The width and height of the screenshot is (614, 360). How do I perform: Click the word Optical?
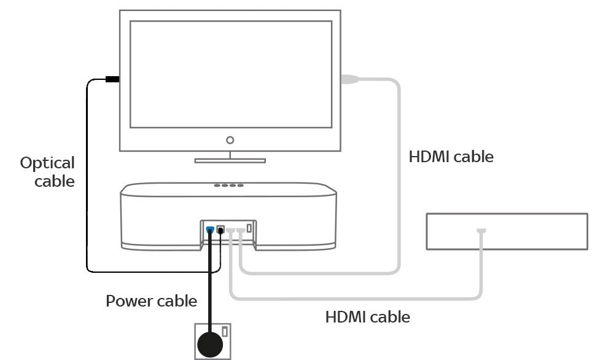tap(47, 163)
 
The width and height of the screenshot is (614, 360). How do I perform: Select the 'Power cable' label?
tap(151, 301)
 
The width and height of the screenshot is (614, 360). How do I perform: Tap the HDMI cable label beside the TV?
tap(451, 157)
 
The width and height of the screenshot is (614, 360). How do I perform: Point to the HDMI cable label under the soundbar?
tap(367, 317)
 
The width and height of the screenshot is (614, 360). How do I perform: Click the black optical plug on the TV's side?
tap(112, 79)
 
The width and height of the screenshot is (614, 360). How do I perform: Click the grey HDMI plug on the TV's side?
tap(349, 79)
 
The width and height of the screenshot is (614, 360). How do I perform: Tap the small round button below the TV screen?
tap(230, 140)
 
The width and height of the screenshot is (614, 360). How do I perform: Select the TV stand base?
tap(230, 161)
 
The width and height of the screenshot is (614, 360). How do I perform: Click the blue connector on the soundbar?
tap(210, 230)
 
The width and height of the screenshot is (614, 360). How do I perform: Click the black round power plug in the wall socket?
tap(210, 343)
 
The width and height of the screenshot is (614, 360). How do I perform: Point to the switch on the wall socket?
tap(225, 332)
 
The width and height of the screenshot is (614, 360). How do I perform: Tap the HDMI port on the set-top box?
tap(481, 231)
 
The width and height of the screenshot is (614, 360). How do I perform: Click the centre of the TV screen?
tap(230, 74)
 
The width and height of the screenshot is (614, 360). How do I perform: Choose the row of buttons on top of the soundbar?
tap(228, 185)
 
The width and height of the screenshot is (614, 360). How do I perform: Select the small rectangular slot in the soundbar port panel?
tap(249, 229)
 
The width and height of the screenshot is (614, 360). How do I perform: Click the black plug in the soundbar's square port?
tap(220, 230)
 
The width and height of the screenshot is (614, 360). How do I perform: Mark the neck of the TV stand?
tap(230, 154)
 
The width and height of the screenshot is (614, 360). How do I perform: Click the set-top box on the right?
tap(507, 232)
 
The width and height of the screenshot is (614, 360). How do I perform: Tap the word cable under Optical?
tap(54, 181)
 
